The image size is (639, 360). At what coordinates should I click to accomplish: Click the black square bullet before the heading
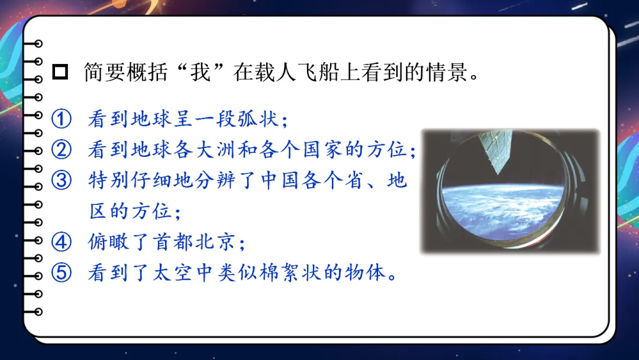pyautogui.click(x=60, y=72)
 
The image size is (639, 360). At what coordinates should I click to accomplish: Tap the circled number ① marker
pyautogui.click(x=62, y=118)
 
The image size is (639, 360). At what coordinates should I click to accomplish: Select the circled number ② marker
pyautogui.click(x=62, y=149)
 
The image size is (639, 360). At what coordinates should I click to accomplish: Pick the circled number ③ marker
pyautogui.click(x=62, y=180)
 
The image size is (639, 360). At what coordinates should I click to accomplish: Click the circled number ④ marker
pyautogui.click(x=62, y=242)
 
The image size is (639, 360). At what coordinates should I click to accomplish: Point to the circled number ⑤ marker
pyautogui.click(x=62, y=272)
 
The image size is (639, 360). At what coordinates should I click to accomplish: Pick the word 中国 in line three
pyautogui.click(x=280, y=180)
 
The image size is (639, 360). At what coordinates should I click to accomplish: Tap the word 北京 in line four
pyautogui.click(x=215, y=242)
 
